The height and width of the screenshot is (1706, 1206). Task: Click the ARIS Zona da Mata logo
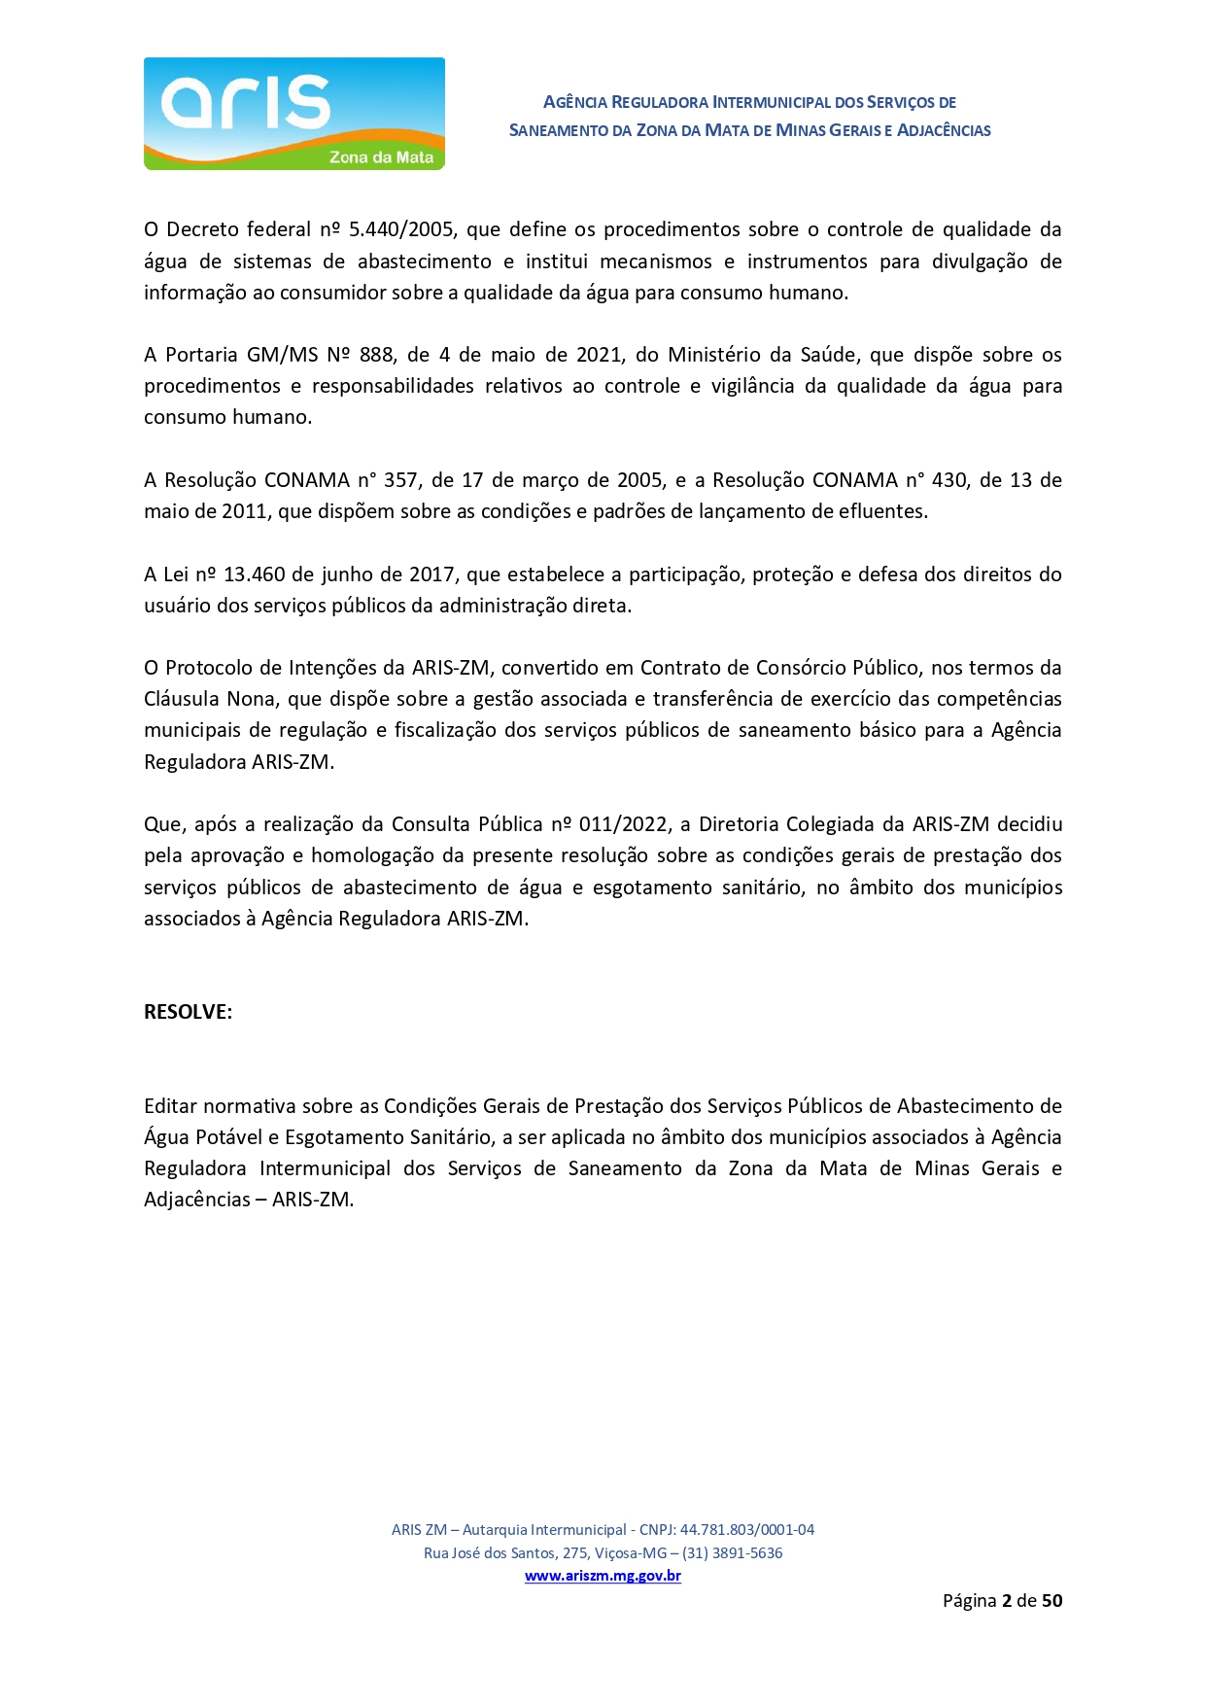[293, 114]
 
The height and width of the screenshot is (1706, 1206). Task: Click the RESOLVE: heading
[188, 1012]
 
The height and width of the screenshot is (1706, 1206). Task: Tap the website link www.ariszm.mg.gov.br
[603, 1576]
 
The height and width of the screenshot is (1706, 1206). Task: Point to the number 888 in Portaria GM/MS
[376, 355]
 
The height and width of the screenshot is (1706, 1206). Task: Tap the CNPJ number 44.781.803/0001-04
[746, 1529]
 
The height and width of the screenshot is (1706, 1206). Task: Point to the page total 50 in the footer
[1051, 1600]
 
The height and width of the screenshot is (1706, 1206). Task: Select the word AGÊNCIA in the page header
[575, 102]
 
